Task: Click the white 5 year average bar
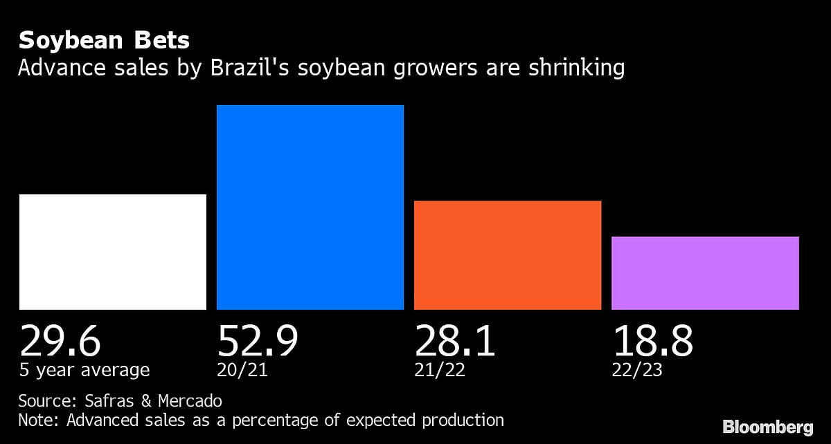tap(112, 252)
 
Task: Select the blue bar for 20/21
tap(310, 207)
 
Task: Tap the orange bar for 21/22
tap(508, 255)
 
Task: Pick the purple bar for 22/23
tap(705, 273)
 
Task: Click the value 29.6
tap(60, 340)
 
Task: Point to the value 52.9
tap(258, 340)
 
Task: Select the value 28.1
tap(455, 340)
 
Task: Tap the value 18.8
tap(652, 340)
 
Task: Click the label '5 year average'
tap(84, 371)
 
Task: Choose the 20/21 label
tap(242, 371)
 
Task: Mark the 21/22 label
tap(440, 371)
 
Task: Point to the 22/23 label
tap(637, 371)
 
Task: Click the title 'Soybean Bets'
tap(104, 41)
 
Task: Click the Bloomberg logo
tap(768, 427)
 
